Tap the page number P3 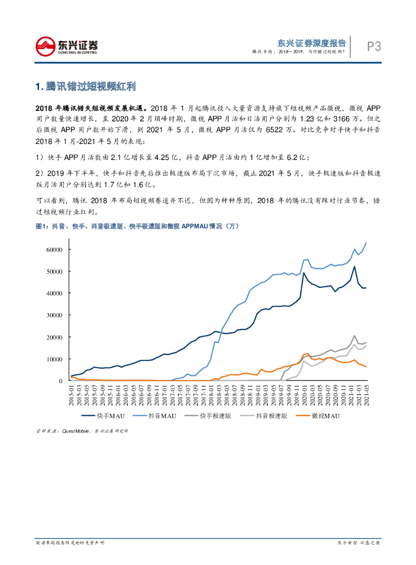coord(374,47)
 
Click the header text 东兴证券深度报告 coord(311,42)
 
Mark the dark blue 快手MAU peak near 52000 coord(354,266)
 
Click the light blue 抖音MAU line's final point coord(366,243)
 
